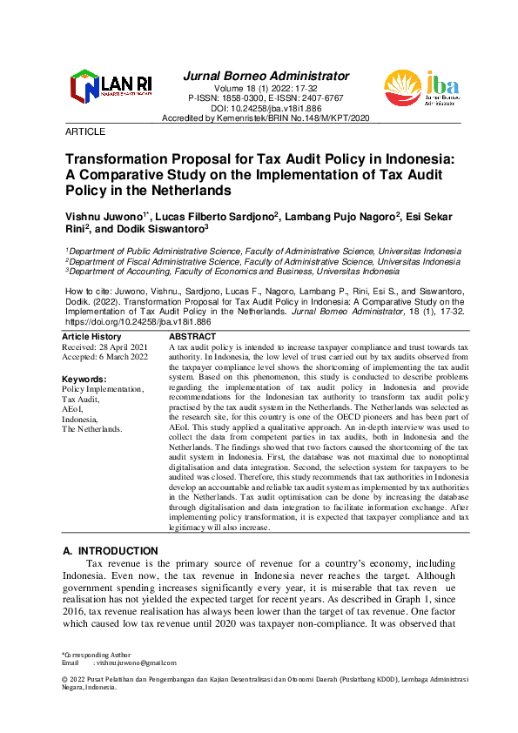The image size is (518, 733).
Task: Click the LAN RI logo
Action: (x=111, y=87)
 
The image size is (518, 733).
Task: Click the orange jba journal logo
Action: (x=421, y=90)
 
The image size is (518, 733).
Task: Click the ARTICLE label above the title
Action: (x=85, y=131)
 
